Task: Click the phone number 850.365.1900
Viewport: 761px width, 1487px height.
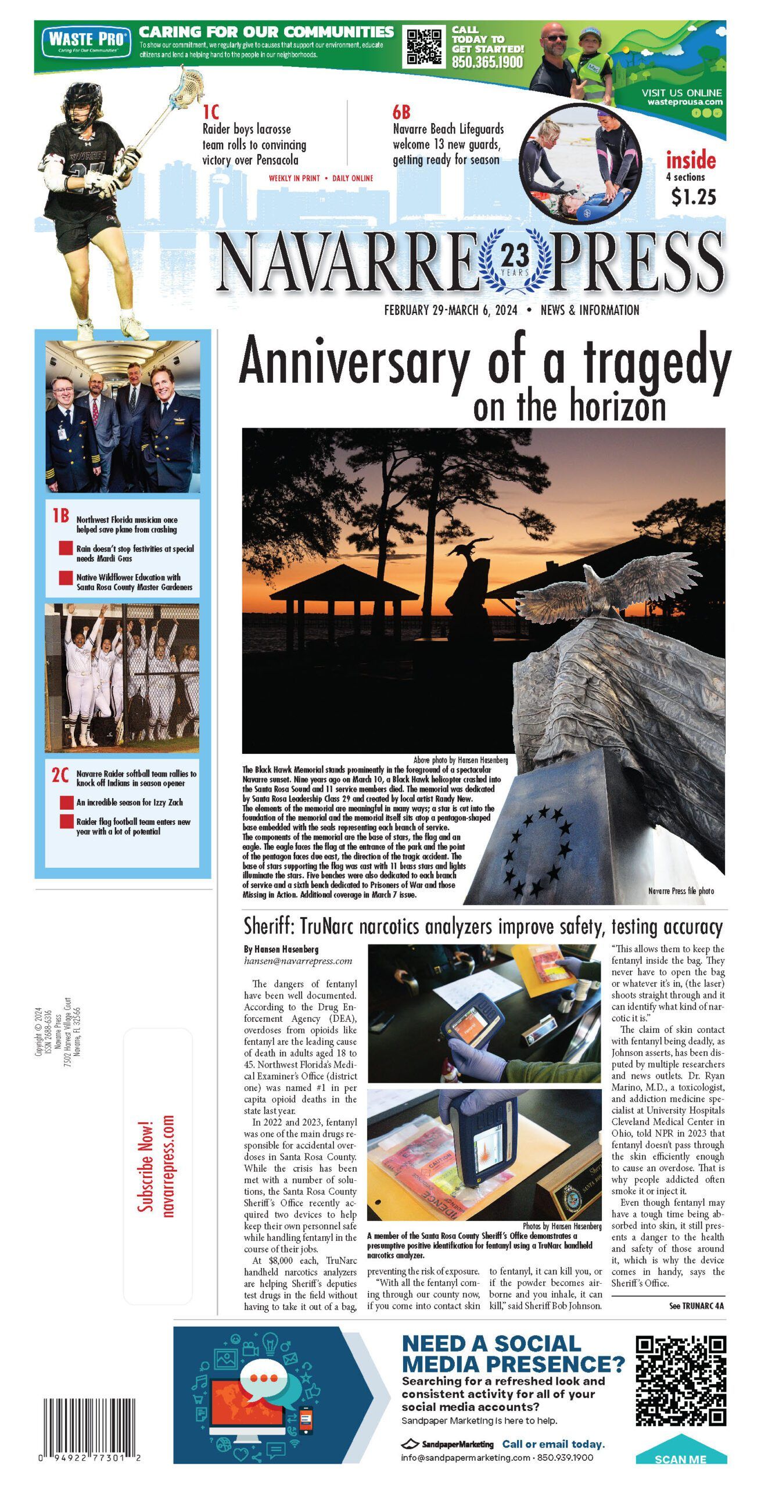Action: pos(487,62)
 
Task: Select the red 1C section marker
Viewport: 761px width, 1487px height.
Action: pos(210,111)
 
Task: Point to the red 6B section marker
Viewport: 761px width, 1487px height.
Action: pos(401,111)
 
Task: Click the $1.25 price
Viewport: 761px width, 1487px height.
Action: pos(694,197)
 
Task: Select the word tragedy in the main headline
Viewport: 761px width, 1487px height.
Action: pos(657,363)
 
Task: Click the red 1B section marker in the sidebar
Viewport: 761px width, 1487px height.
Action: pos(60,516)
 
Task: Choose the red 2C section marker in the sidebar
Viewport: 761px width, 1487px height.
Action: pos(60,775)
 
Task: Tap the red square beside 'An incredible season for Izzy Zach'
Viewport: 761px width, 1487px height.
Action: pos(66,803)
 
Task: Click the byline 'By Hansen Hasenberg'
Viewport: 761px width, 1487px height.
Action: pos(281,949)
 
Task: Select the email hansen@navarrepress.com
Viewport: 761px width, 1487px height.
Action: pos(298,961)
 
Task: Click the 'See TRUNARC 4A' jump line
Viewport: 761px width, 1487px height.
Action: pos(697,1306)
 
